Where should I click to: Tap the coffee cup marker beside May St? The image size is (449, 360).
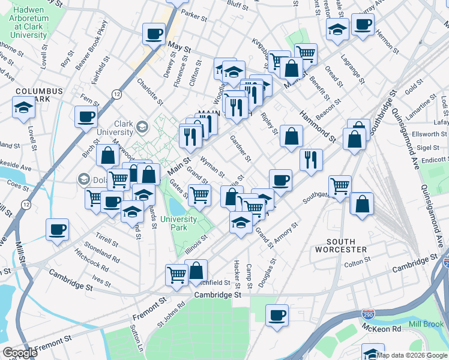(154, 33)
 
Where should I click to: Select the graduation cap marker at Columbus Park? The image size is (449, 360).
(23, 107)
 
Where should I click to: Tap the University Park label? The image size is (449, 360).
(178, 223)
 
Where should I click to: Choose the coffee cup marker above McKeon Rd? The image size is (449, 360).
(277, 315)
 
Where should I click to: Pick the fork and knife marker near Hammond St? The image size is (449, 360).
(311, 160)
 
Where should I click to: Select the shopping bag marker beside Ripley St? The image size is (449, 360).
(291, 136)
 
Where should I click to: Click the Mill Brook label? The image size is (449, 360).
(426, 324)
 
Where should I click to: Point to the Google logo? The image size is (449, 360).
(20, 353)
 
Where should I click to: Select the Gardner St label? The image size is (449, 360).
(240, 148)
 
